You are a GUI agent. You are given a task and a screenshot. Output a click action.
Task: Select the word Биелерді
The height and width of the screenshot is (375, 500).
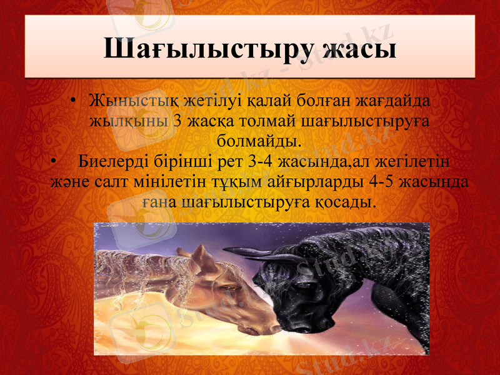click(115, 162)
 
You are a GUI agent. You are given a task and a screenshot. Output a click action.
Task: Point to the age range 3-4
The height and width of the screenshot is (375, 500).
click(260, 162)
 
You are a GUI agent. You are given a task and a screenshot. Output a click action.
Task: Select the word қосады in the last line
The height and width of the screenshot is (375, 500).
click(347, 202)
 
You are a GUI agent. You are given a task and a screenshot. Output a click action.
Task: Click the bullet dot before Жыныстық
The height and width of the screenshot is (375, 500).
click(74, 101)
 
